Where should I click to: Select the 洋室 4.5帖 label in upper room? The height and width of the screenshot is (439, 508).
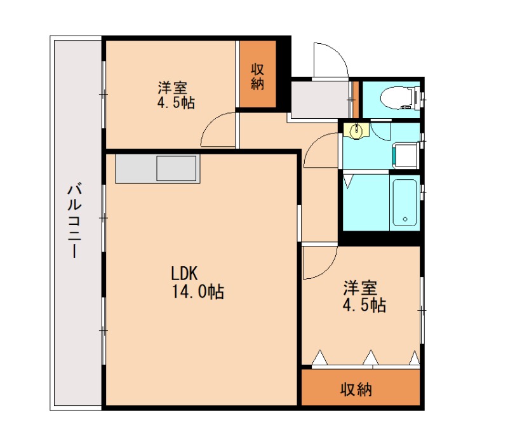(176, 95)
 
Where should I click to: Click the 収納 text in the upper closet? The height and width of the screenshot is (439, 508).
(257, 76)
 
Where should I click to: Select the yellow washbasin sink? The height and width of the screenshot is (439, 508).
(358, 130)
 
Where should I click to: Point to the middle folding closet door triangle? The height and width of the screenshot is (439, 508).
(370, 358)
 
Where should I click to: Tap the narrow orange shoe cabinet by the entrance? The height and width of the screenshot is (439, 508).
(356, 98)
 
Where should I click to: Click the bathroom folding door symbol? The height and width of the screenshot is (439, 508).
(347, 179)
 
